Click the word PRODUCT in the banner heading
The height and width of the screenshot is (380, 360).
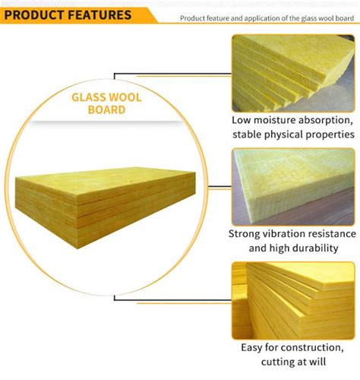(34, 15)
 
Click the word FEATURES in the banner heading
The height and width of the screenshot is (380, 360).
(99, 15)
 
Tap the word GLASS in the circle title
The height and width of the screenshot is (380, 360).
(89, 97)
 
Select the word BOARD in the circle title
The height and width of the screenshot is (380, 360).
(106, 109)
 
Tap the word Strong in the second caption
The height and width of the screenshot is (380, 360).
(245, 234)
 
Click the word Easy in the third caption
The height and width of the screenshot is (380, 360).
(251, 348)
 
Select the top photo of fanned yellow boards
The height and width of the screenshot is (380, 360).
(293, 74)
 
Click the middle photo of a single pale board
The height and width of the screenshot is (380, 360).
(293, 187)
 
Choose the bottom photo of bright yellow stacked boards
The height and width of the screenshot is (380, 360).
(293, 300)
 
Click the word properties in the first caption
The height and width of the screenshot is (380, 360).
(330, 135)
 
